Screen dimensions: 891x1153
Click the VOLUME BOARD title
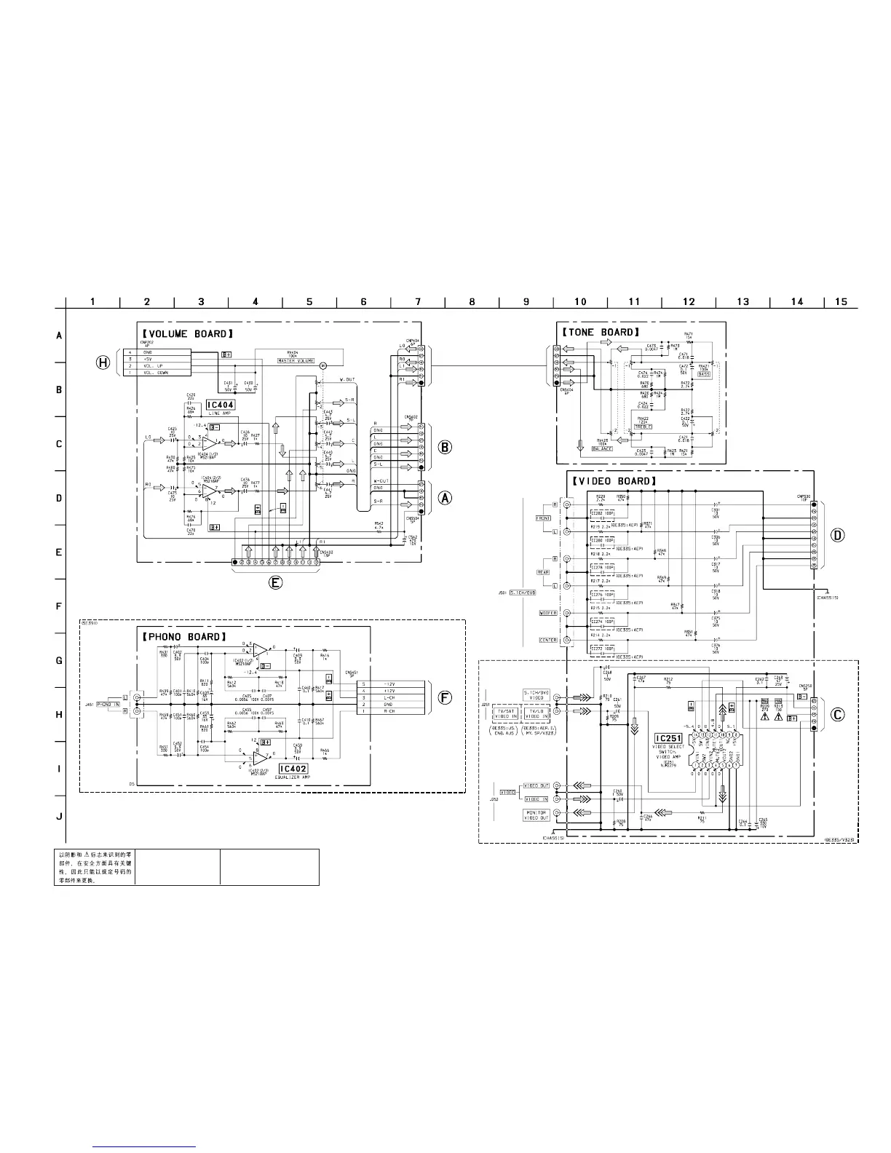pyautogui.click(x=187, y=333)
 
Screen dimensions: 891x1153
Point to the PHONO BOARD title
pyautogui.click(x=183, y=637)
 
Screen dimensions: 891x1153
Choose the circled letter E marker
pyautogui.click(x=275, y=582)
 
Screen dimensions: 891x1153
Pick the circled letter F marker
pyautogui.click(x=445, y=697)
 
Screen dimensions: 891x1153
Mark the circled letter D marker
pyautogui.click(x=838, y=535)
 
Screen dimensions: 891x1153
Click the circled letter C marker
pyautogui.click(x=838, y=714)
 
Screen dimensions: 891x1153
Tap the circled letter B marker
pyautogui.click(x=445, y=447)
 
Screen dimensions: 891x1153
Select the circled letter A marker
pyautogui.click(x=445, y=498)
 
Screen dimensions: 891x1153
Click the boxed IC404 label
pyautogui.click(x=221, y=405)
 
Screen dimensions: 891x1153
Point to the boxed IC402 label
pyautogui.click(x=293, y=769)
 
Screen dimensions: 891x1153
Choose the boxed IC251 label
pyautogui.click(x=668, y=738)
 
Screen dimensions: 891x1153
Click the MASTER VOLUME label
pyautogui.click(x=296, y=361)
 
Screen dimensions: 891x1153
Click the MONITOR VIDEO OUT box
pyautogui.click(x=536, y=815)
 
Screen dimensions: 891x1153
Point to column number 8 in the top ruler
pyautogui.click(x=472, y=301)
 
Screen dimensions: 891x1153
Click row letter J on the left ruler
pyautogui.click(x=59, y=816)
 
